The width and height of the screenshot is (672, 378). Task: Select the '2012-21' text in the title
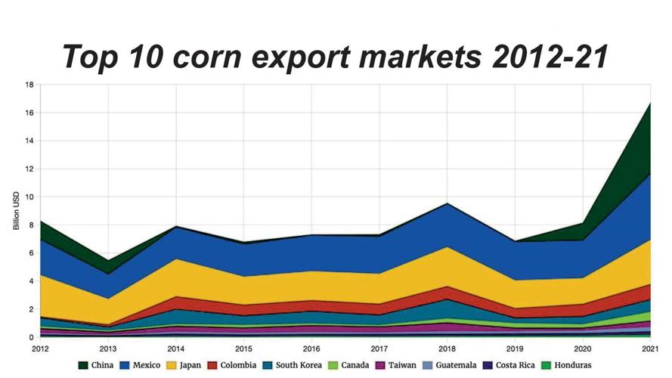pyautogui.click(x=550, y=56)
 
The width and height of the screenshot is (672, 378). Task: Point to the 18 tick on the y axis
pyautogui.click(x=29, y=85)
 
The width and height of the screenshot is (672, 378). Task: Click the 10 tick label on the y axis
pyautogui.click(x=29, y=197)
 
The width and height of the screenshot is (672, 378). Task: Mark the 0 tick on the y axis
pyautogui.click(x=31, y=337)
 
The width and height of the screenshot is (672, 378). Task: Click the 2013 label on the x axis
pyautogui.click(x=108, y=349)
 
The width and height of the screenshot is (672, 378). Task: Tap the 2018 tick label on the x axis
pyautogui.click(x=447, y=349)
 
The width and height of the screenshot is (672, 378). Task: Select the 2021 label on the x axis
pyautogui.click(x=650, y=349)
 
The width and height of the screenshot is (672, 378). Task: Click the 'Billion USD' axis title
pyautogui.click(x=17, y=211)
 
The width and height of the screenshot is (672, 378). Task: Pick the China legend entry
pyautogui.click(x=96, y=365)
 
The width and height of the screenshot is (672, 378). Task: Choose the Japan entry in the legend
pyautogui.click(x=184, y=366)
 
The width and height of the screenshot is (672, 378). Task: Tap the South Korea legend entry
pyautogui.click(x=293, y=365)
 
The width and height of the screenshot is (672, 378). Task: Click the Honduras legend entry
pyautogui.click(x=566, y=365)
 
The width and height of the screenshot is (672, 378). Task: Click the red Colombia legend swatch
pyautogui.click(x=212, y=365)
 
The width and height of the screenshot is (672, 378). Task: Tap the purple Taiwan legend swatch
pyautogui.click(x=380, y=365)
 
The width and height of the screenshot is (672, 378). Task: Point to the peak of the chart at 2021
pyautogui.click(x=650, y=104)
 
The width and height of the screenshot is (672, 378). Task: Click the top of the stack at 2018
pyautogui.click(x=447, y=203)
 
